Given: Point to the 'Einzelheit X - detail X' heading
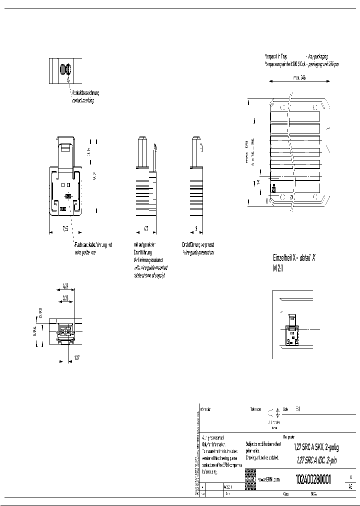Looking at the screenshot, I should tap(294, 258).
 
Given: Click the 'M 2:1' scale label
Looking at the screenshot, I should tap(278, 268).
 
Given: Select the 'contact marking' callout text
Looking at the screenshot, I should tap(83, 100).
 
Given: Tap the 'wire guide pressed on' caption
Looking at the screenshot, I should tap(198, 252).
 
